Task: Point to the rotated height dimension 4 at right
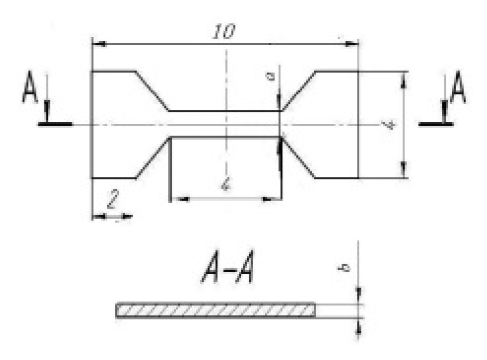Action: point(390,125)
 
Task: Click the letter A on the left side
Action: point(30,90)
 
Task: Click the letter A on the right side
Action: point(457,89)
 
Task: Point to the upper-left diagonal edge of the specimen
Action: point(152,91)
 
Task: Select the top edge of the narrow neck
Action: point(225,111)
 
